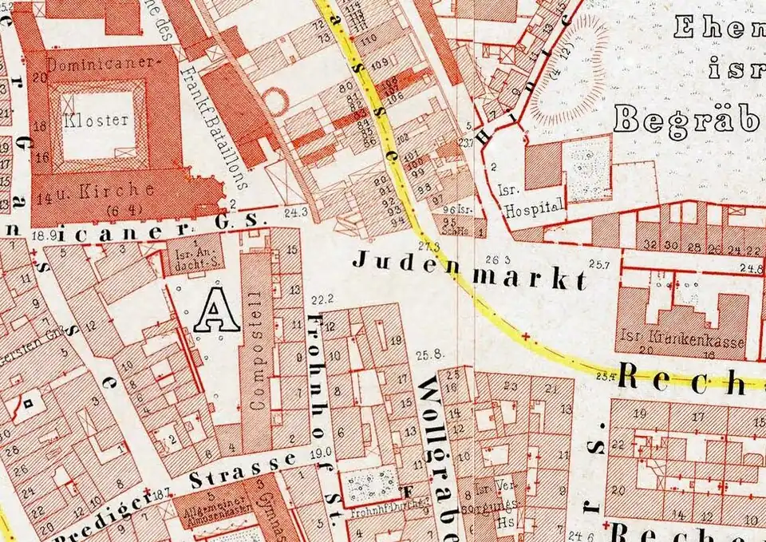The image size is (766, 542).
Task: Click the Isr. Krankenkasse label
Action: point(685,342)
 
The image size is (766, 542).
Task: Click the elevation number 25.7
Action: point(598,263)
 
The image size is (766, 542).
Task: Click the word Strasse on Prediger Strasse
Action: point(244,470)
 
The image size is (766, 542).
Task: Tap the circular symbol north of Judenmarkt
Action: point(276,101)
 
